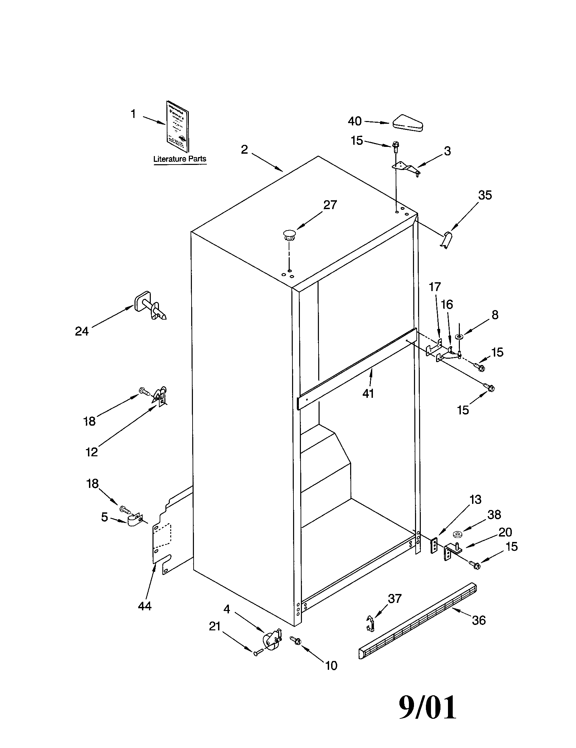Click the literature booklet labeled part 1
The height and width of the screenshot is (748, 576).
point(177,127)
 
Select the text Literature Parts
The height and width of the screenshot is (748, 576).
point(180,159)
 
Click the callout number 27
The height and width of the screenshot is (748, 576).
point(330,205)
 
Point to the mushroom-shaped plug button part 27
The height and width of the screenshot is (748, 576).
point(289,235)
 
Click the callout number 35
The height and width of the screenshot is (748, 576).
point(485,195)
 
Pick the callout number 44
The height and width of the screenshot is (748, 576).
point(144,606)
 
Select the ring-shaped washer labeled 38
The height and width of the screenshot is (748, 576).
point(457,534)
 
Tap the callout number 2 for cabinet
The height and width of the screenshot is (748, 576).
point(244,150)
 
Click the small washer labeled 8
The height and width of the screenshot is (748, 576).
point(459,337)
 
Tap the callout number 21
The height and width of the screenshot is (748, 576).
point(214,626)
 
